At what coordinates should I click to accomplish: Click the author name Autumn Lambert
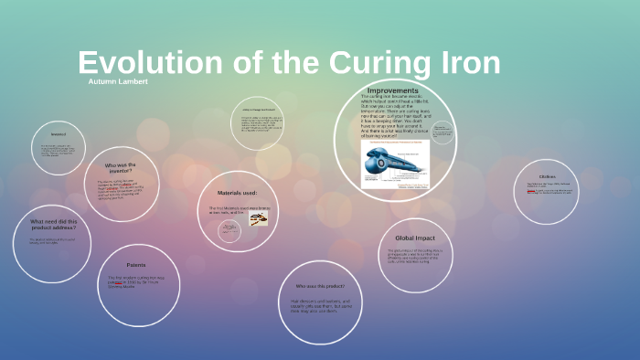coord(118,82)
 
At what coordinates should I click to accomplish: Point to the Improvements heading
coord(393,90)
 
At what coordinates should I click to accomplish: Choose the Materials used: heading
coord(237,193)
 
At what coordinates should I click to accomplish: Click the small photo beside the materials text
coord(259,219)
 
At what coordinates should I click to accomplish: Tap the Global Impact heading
coord(413,238)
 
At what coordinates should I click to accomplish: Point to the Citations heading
coord(547,176)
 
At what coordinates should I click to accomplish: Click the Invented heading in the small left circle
coord(58,133)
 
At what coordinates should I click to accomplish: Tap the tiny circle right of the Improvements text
coord(442,133)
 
